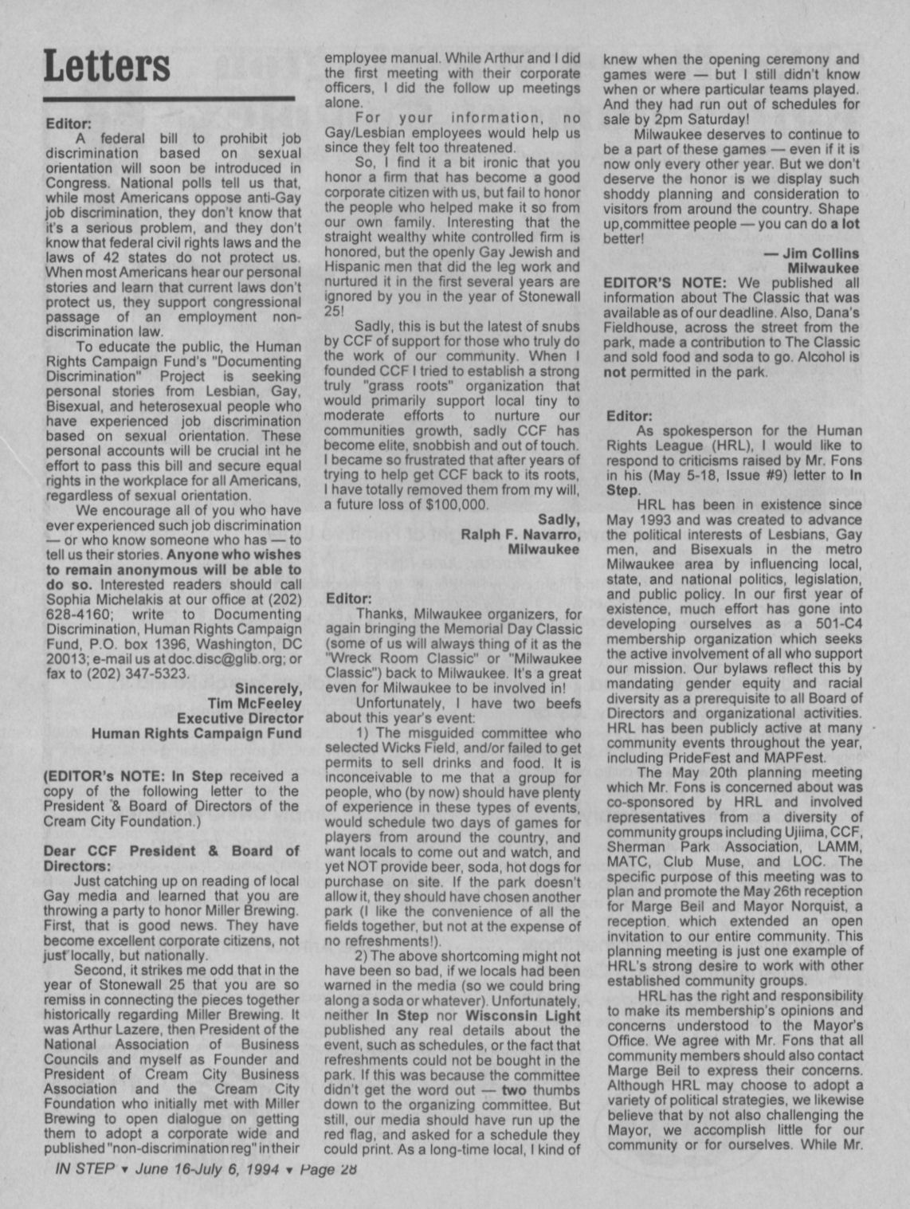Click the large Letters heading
click(107, 65)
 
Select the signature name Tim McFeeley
click(254, 703)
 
